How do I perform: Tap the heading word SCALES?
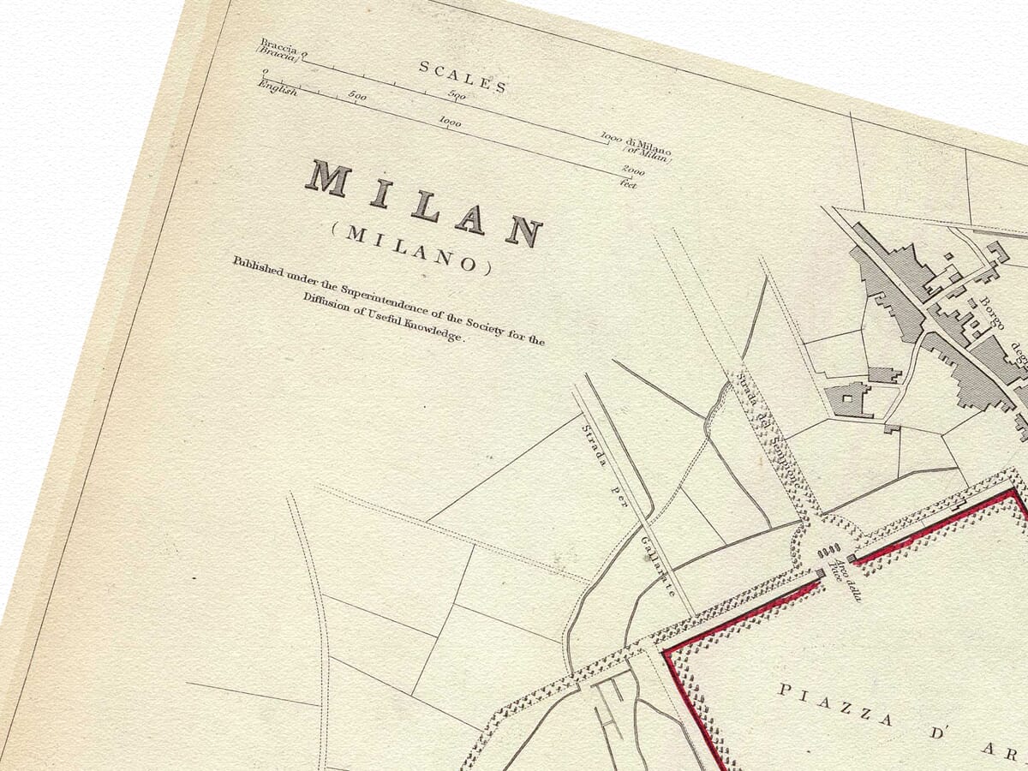click(463, 76)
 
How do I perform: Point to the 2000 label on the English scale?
click(634, 171)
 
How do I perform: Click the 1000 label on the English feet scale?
click(450, 123)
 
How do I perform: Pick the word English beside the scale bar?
click(278, 88)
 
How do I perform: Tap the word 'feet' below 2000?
click(629, 183)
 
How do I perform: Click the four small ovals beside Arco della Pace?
click(834, 552)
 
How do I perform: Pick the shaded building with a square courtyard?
click(848, 399)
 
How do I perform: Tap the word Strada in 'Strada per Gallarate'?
click(595, 445)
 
